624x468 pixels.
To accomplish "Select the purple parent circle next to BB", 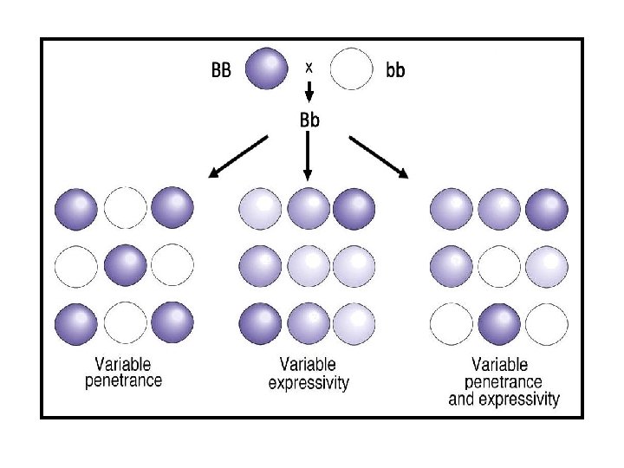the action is (266, 68).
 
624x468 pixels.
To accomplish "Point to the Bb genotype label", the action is (309, 120).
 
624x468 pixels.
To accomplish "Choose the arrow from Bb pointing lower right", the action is (379, 157).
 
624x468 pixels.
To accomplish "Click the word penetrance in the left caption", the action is (123, 380).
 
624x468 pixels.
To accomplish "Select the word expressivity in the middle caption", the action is (309, 382).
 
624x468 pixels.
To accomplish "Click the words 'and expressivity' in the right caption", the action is (504, 399).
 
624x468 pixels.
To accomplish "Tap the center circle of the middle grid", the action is (308, 265).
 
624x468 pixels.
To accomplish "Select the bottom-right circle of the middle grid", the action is (354, 322).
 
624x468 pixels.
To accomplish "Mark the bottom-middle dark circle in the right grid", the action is (500, 322).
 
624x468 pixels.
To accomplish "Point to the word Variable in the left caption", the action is (123, 365).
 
